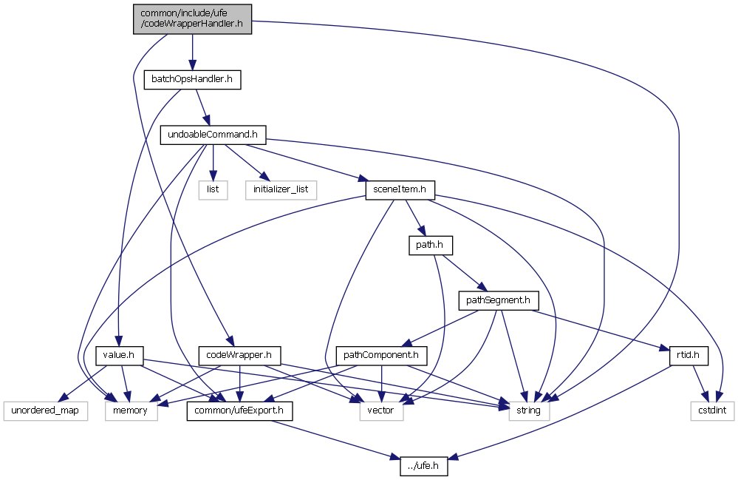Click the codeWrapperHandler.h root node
[x=192, y=18]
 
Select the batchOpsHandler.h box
[x=192, y=78]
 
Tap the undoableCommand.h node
[x=213, y=135]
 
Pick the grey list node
[x=213, y=189]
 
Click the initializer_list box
[x=281, y=189]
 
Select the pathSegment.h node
[x=499, y=300]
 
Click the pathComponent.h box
[x=381, y=355]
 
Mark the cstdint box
[x=713, y=410]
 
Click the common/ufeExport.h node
[x=239, y=410]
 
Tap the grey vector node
[x=381, y=410]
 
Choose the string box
[x=528, y=410]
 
